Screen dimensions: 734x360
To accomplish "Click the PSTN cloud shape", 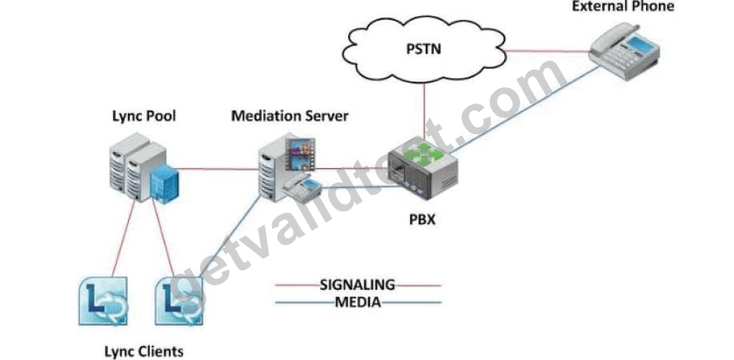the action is [424, 49].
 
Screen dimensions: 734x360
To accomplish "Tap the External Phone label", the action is [623, 6].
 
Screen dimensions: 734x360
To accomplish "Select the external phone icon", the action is [624, 50].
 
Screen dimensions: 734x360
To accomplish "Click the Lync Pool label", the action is [144, 116].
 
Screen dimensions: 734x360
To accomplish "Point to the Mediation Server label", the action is [290, 116].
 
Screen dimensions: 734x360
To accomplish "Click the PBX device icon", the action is [423, 169].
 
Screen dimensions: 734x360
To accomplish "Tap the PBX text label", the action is [423, 218].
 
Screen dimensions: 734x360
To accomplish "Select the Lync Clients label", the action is [144, 351].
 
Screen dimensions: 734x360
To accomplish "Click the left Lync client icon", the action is [102, 301].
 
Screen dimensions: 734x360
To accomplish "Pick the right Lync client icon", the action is [179, 301].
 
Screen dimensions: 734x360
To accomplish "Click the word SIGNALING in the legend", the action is [358, 284].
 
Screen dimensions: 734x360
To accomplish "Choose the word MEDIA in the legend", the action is [358, 302].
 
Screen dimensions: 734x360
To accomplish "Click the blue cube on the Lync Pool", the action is [164, 184].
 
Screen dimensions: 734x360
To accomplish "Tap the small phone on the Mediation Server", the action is [302, 188].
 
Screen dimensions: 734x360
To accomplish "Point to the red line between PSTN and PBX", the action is [424, 112].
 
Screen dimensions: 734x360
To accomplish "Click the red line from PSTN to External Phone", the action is [547, 51].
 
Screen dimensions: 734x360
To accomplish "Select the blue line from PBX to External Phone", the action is [524, 110].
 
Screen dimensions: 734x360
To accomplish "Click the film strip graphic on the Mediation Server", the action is [300, 154].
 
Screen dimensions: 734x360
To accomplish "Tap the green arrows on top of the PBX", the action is [423, 154].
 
